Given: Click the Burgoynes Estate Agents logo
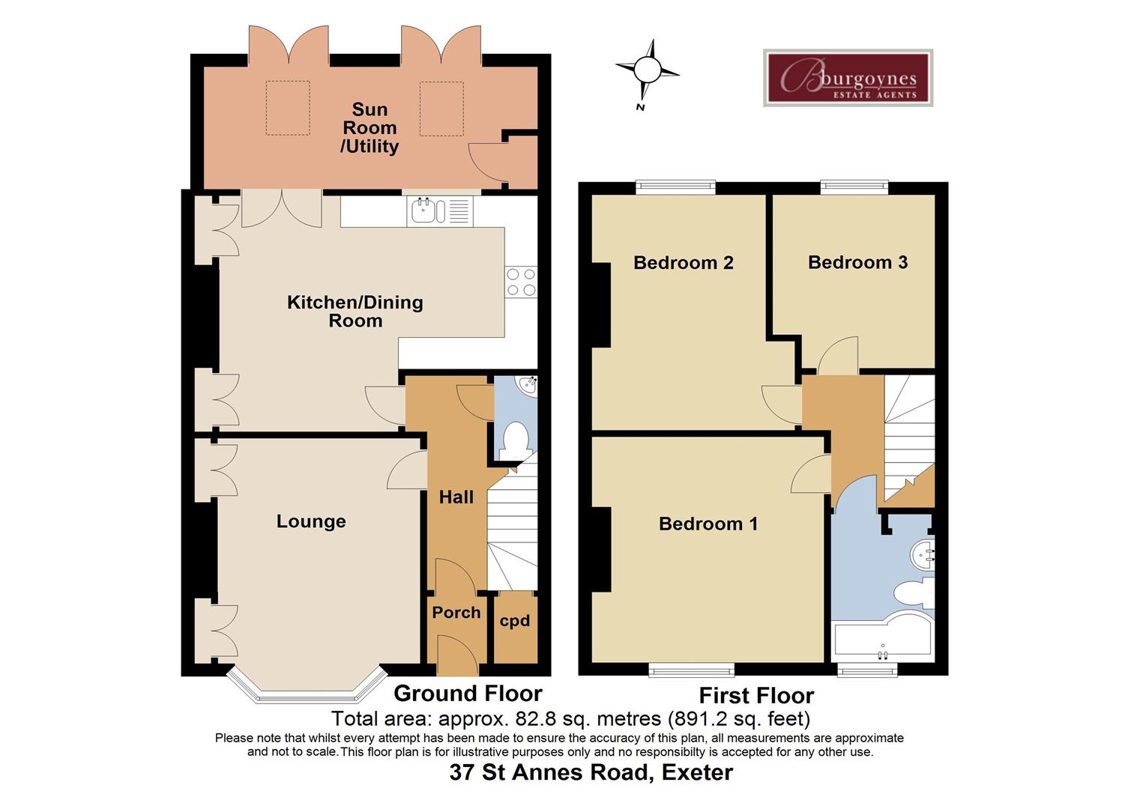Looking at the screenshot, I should click(848, 78).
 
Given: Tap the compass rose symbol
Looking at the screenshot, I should click(647, 71).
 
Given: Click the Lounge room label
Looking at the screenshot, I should click(311, 521).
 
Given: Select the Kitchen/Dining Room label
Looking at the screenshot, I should click(355, 312).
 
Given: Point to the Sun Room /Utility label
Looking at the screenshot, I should click(370, 128).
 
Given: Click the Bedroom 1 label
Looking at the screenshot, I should click(708, 524).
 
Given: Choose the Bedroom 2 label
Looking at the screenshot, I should click(683, 263).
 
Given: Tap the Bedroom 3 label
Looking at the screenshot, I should click(857, 262).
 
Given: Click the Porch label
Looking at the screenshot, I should click(456, 613).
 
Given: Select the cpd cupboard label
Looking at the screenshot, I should click(515, 621).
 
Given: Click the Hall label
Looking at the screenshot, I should click(456, 497).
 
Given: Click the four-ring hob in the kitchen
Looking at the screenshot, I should click(521, 282).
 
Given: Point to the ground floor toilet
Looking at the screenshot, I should click(516, 440).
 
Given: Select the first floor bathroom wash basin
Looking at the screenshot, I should click(923, 555).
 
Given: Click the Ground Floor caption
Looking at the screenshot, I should click(468, 694).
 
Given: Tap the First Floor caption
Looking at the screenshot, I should click(756, 696).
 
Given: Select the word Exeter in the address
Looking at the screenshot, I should click(698, 772).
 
